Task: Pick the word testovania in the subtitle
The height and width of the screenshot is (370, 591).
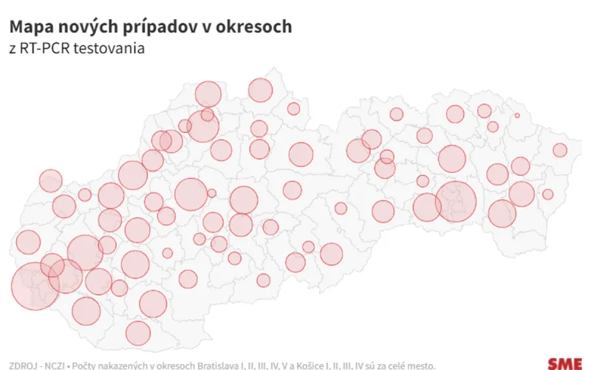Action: pos(110,49)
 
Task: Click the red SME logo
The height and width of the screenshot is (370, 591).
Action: pos(564,363)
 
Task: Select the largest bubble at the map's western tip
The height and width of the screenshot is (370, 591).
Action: pos(35,286)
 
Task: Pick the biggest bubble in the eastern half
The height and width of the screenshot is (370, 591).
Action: pos(456,202)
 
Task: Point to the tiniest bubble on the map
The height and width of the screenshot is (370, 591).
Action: pos(517,115)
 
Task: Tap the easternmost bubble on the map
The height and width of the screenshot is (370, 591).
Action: pos(560,150)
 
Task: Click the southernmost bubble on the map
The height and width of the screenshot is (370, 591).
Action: pos(137,333)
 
